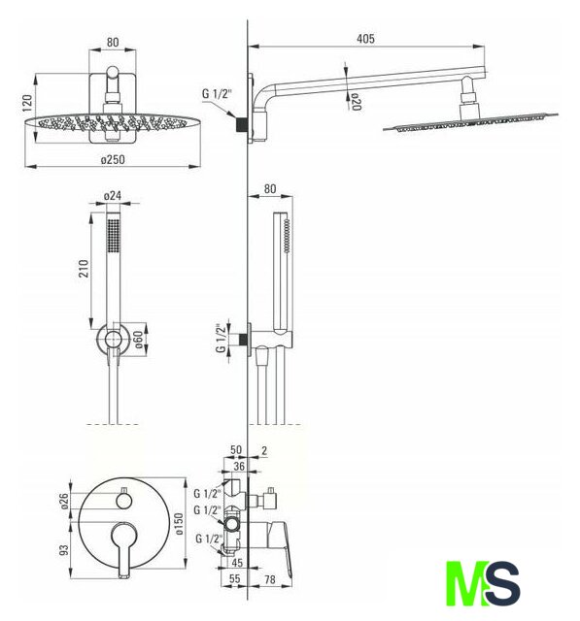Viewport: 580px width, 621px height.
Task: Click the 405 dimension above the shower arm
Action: (365, 39)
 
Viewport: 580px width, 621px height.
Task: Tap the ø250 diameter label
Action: (113, 159)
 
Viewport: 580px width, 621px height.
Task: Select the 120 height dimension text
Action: (27, 103)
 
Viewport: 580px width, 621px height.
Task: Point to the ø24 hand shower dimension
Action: (113, 196)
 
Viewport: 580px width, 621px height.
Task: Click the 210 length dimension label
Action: (84, 269)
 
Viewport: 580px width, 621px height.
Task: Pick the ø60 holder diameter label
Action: (138, 340)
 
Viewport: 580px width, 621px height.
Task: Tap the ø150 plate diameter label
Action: (179, 524)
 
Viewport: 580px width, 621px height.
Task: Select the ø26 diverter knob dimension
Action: (65, 501)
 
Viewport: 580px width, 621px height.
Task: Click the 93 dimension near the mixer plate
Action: (64, 550)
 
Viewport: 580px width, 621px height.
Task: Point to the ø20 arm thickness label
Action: (356, 102)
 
